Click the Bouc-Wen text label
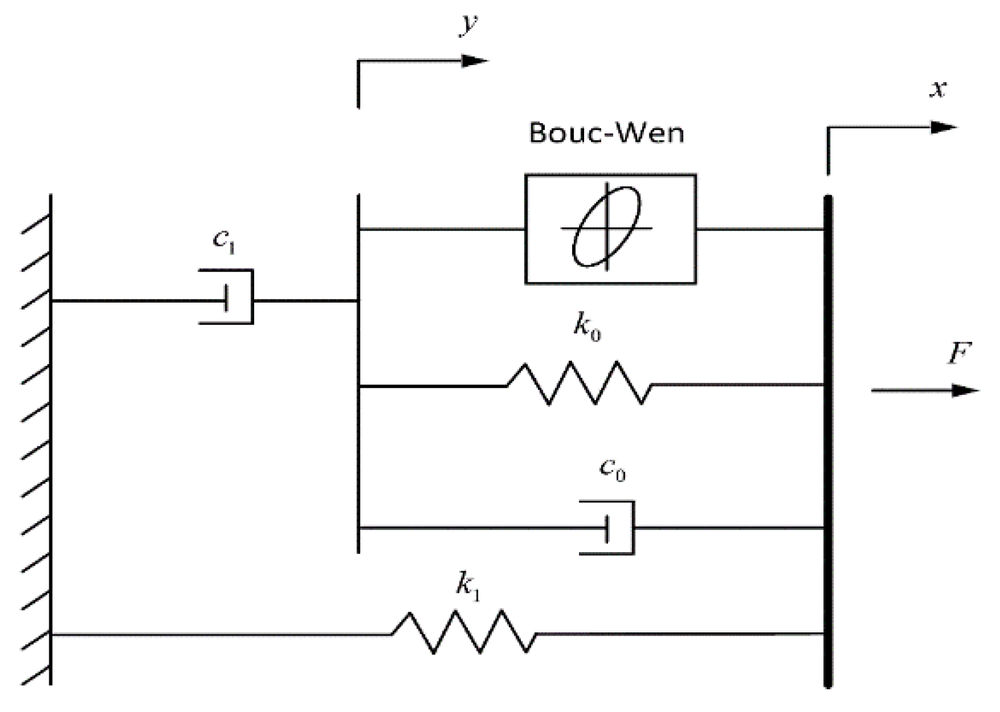(606, 133)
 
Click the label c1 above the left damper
(224, 241)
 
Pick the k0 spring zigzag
(579, 383)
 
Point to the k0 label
(587, 327)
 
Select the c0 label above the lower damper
(612, 469)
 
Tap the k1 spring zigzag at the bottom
(464, 632)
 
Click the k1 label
(468, 586)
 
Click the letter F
(958, 354)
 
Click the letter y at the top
(469, 24)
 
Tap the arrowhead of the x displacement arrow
(944, 128)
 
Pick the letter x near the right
(938, 89)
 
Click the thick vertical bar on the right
(827, 442)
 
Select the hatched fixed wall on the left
(38, 442)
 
